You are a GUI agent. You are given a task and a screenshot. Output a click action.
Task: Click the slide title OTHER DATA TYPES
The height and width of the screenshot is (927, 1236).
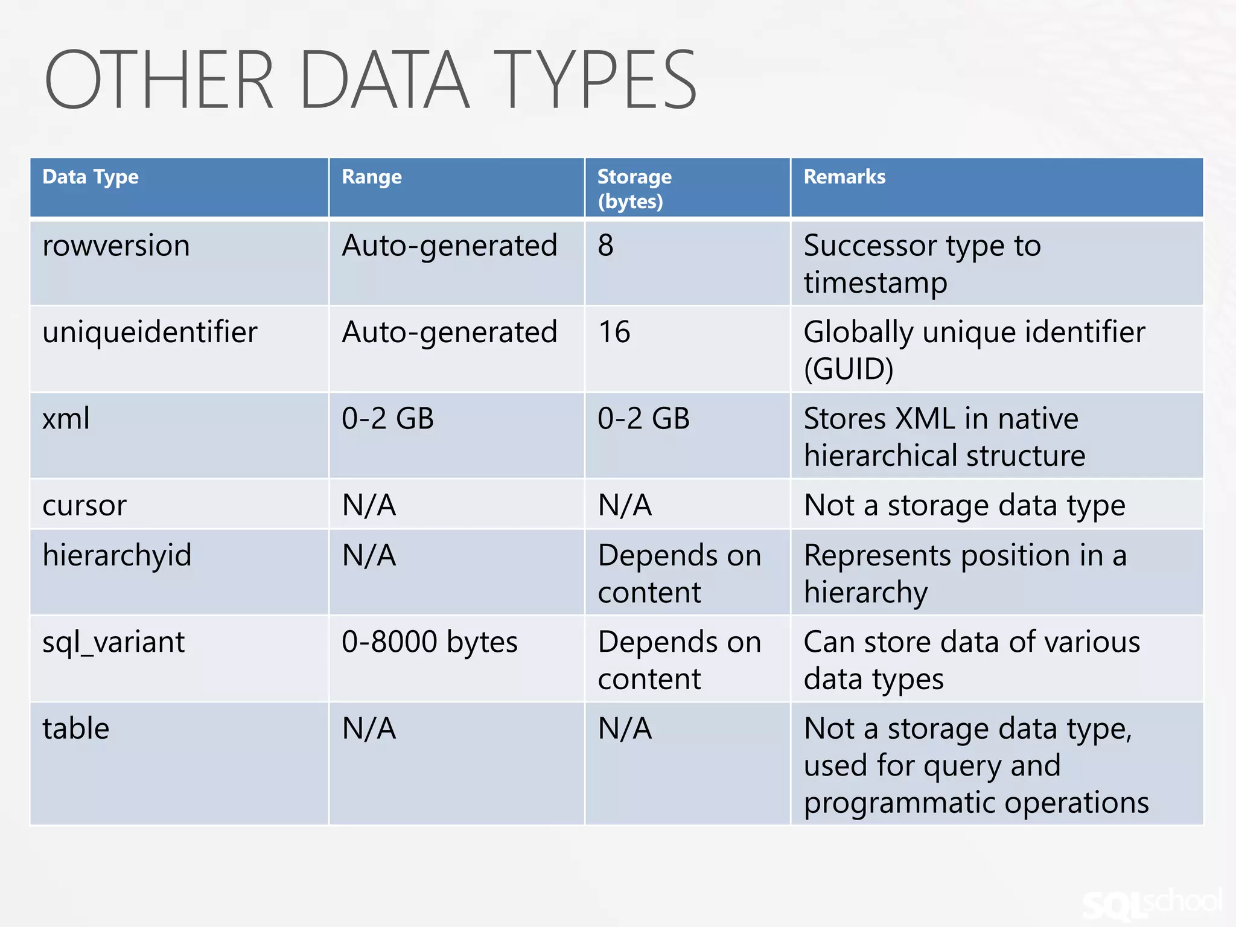371,80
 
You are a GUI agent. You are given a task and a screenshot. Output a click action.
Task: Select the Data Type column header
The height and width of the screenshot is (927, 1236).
91,177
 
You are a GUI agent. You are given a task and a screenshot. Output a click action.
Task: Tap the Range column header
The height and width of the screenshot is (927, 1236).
372,177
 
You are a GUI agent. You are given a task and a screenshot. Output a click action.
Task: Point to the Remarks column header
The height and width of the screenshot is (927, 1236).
844,177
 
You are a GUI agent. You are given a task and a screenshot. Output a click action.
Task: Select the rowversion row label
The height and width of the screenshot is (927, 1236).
116,246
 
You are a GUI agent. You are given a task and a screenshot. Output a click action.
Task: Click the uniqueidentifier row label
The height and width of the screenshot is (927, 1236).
150,332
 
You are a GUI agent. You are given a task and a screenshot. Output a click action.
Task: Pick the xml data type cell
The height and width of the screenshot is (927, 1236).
66,418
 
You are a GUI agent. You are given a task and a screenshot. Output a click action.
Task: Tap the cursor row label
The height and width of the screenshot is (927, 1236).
84,505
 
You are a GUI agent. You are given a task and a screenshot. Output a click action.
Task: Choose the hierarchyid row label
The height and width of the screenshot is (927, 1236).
117,555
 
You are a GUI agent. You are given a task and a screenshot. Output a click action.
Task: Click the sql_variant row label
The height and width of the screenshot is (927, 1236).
113,642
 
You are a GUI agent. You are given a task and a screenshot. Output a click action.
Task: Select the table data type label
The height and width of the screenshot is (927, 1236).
76,728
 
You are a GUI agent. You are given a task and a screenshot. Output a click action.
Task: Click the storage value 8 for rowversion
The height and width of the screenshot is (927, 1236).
605,246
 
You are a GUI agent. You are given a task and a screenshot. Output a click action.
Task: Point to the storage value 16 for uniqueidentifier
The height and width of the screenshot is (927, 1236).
614,332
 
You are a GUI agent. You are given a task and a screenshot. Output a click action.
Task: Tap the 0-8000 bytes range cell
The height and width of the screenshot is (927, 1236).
430,642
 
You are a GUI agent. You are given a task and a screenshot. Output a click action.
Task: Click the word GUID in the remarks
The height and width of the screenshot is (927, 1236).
849,369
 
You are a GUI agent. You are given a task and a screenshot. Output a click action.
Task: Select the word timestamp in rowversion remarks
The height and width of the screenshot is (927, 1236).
875,283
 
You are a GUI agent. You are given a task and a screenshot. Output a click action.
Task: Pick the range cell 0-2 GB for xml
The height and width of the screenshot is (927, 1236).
387,418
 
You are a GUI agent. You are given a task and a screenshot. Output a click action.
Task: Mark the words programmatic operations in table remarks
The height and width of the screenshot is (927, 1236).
976,803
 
